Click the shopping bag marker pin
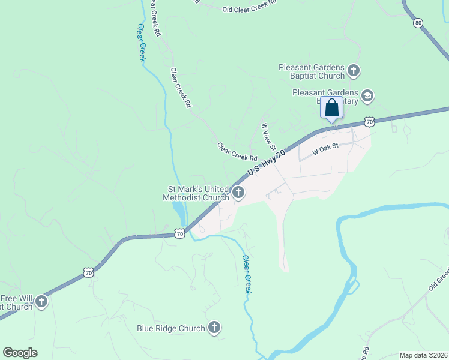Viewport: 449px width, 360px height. (x=331, y=109)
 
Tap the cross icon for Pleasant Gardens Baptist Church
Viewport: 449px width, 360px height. (x=354, y=71)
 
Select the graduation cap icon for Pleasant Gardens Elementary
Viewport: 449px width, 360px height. (x=367, y=96)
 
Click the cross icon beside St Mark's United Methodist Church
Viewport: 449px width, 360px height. (x=238, y=193)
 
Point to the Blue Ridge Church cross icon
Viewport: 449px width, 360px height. (x=214, y=328)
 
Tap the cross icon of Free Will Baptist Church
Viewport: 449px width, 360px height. (x=41, y=301)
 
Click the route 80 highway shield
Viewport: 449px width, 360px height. (x=418, y=23)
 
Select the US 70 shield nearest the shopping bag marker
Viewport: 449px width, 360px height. (x=370, y=121)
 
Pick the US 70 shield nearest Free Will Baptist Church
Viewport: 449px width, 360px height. (x=89, y=272)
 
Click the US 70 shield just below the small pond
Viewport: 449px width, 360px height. (x=179, y=233)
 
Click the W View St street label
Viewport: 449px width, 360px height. (x=268, y=137)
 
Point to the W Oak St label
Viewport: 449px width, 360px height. (x=326, y=147)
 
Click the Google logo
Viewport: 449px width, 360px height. (x=20, y=353)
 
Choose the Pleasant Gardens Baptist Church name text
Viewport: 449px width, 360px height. (x=312, y=71)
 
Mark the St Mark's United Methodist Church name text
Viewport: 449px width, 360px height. (x=198, y=193)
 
